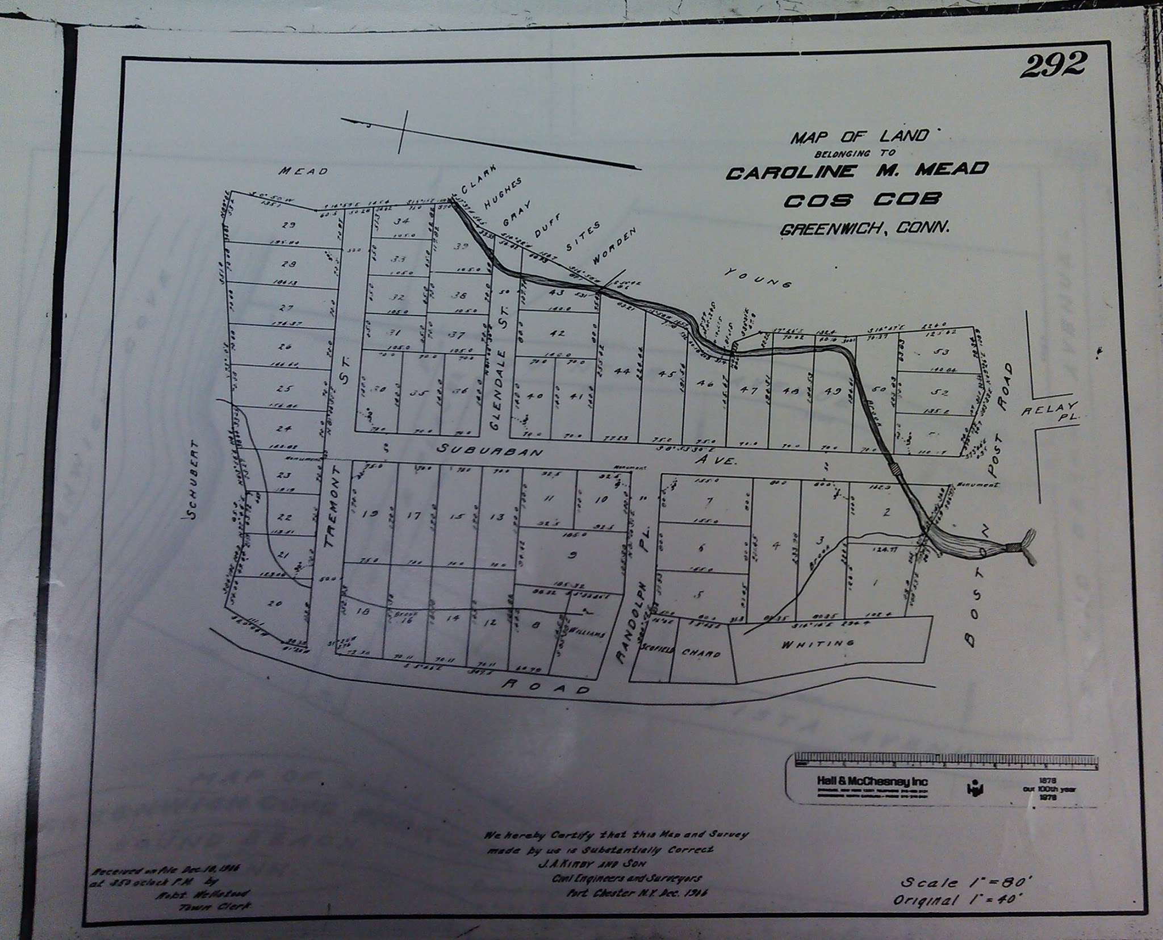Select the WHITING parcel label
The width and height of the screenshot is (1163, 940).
click(x=818, y=644)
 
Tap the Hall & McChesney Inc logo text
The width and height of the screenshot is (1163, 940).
click(x=872, y=782)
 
